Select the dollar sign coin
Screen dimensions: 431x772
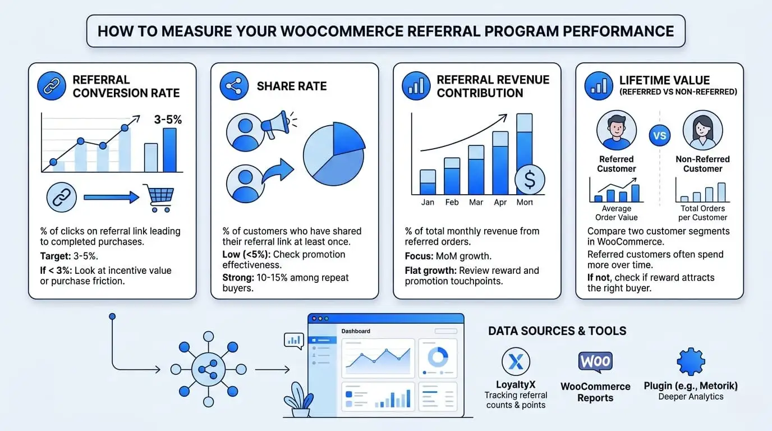530,180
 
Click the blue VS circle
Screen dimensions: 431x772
660,135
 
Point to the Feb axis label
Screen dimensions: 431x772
452,202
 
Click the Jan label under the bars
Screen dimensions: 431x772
428,202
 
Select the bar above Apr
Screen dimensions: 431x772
500,163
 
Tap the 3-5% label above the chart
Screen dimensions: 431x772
168,120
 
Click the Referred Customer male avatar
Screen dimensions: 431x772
616,130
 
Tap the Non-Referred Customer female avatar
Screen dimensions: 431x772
702,130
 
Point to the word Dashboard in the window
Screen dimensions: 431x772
356,331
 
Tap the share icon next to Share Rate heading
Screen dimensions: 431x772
235,86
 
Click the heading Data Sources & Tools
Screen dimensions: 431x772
557,331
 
